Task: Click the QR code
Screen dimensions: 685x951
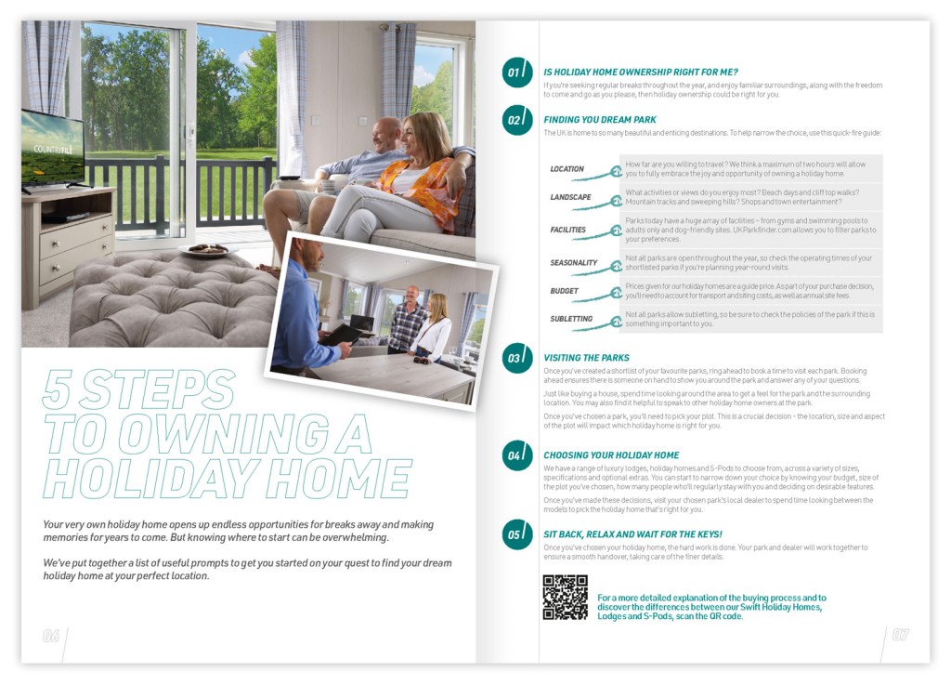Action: tap(565, 598)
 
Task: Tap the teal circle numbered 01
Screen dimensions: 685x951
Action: tap(517, 72)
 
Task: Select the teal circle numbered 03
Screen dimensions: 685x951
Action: tap(517, 358)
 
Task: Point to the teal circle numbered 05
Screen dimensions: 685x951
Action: tap(517, 534)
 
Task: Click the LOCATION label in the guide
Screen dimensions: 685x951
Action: tap(567, 169)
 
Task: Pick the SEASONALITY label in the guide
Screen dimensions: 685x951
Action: tap(573, 263)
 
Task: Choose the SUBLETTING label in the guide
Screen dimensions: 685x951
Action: tap(571, 319)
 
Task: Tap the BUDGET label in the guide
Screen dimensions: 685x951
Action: tap(564, 291)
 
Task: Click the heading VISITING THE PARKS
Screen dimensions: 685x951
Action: tap(586, 358)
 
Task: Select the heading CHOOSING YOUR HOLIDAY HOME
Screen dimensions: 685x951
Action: tap(611, 455)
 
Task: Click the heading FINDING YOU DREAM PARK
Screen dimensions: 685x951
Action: tap(600, 120)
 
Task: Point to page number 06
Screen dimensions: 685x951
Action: tap(51, 637)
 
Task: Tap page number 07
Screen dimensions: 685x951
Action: tap(900, 636)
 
